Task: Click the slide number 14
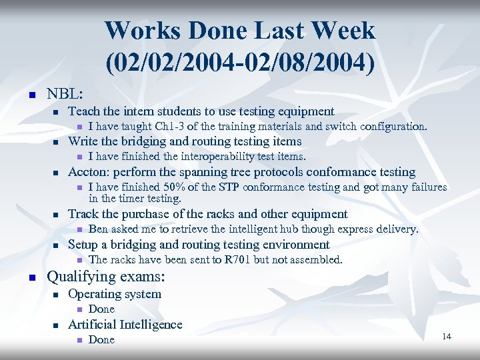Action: point(446,337)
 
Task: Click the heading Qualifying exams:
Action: point(105,277)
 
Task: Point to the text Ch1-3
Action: point(170,127)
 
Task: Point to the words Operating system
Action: point(115,294)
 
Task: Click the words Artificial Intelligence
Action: point(125,325)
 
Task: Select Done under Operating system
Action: point(101,309)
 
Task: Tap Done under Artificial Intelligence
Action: point(101,340)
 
